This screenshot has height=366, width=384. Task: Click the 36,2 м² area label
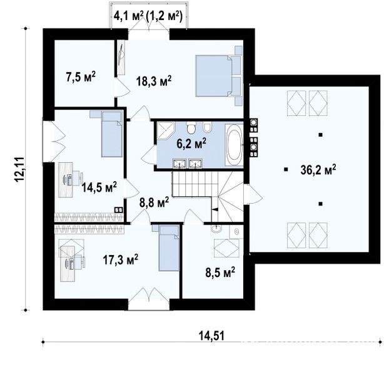pos(318,170)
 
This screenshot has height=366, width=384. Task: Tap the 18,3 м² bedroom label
pos(154,81)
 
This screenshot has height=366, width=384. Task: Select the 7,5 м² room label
pos(81,77)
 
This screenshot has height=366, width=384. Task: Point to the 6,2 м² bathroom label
pos(191,144)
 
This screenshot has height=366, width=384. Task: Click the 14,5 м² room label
pos(99,188)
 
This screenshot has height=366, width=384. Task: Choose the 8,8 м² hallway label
pos(154,203)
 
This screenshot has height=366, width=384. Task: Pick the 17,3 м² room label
pos(121,260)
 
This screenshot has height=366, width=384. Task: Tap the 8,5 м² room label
pos(220,273)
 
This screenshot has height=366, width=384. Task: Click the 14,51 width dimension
pos(211,336)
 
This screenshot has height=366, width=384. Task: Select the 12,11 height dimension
pos(20,169)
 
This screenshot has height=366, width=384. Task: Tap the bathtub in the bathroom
pos(234,144)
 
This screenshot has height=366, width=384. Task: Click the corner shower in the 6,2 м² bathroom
pos(166,131)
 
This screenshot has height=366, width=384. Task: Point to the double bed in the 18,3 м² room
pos(219,76)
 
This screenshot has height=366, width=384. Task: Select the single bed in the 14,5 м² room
pos(112,134)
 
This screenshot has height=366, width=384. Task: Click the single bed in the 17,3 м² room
pos(169,248)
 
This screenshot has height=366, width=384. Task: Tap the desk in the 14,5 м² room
pos(66,180)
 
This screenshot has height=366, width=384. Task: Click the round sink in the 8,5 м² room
pos(216,229)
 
